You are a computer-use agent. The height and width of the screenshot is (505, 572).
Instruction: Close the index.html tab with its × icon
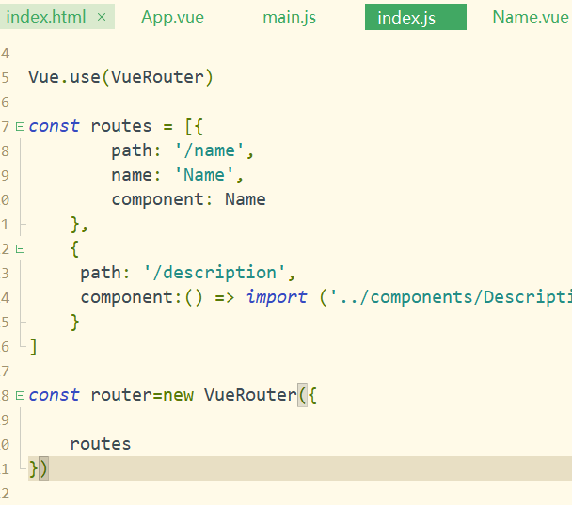tap(102, 17)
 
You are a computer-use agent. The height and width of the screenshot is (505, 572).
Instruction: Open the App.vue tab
tap(172, 17)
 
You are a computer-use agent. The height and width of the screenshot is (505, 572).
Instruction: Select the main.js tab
tap(289, 17)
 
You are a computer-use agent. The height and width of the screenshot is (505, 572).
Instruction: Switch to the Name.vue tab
tap(530, 17)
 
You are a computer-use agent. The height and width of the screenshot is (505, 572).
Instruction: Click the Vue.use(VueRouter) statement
tap(120, 77)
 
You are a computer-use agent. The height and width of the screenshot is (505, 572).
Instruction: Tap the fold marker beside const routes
tap(20, 126)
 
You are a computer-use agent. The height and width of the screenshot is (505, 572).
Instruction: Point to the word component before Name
tap(163, 199)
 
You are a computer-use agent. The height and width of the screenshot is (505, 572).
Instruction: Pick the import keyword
tap(277, 297)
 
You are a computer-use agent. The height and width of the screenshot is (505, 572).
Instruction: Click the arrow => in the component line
tap(225, 297)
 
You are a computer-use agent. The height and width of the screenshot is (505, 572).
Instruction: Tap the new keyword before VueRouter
tap(178, 395)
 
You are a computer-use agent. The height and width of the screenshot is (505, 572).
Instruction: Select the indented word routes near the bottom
tap(101, 444)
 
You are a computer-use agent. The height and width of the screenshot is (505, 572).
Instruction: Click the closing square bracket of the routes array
tap(34, 347)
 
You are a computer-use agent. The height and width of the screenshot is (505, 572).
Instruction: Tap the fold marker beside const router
tap(20, 395)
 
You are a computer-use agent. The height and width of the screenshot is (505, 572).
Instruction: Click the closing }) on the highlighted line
tap(39, 468)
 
